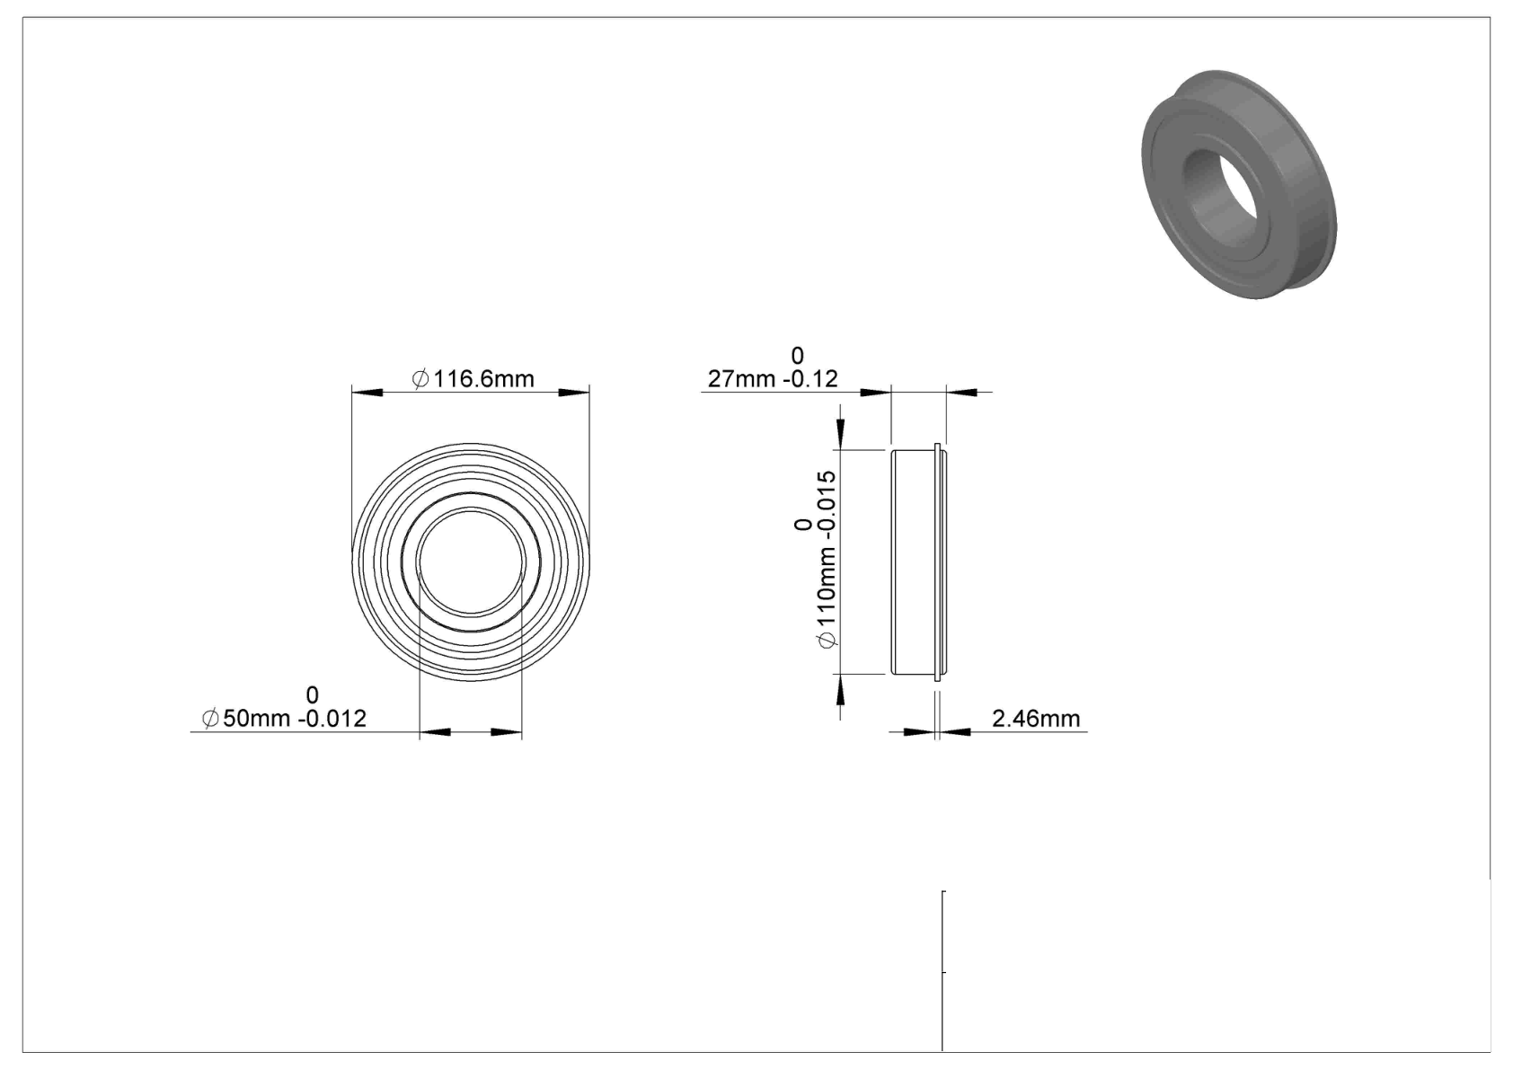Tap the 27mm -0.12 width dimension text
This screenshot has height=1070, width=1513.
point(773,379)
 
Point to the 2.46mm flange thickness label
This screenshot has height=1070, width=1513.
point(1036,718)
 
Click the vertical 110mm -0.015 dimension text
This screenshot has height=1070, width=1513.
point(827,560)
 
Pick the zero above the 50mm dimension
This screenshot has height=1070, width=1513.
point(312,694)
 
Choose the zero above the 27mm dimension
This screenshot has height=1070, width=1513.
point(798,355)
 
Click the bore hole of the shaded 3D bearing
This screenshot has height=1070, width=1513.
point(1221,192)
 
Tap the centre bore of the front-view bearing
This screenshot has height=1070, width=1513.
point(471,562)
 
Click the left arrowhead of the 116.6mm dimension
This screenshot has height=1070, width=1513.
point(367,393)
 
